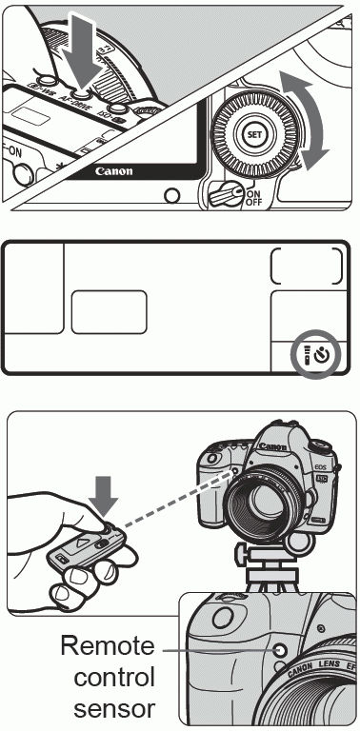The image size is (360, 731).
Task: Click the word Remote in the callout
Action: [107, 647]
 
